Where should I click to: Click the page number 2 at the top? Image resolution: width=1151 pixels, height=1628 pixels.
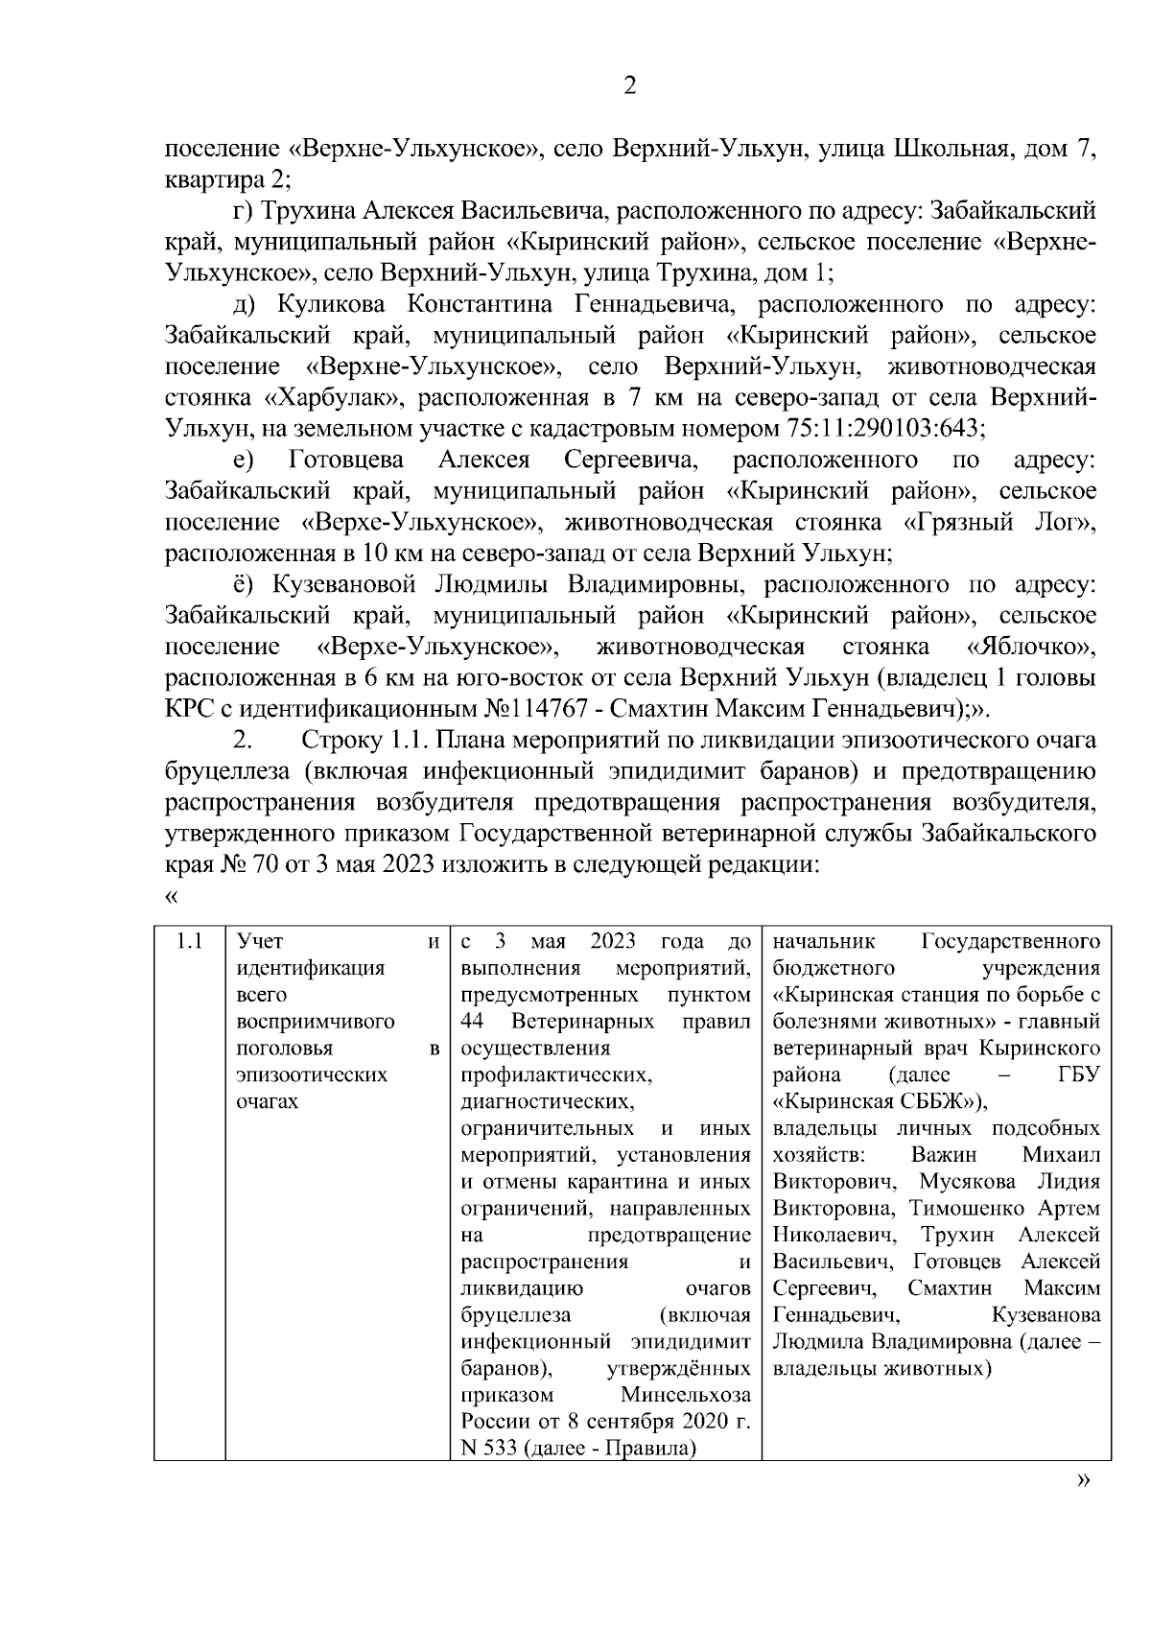[629, 86]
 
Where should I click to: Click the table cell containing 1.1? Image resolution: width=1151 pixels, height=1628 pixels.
[189, 941]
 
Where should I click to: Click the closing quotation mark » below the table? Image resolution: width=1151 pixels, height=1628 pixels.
[1084, 1508]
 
